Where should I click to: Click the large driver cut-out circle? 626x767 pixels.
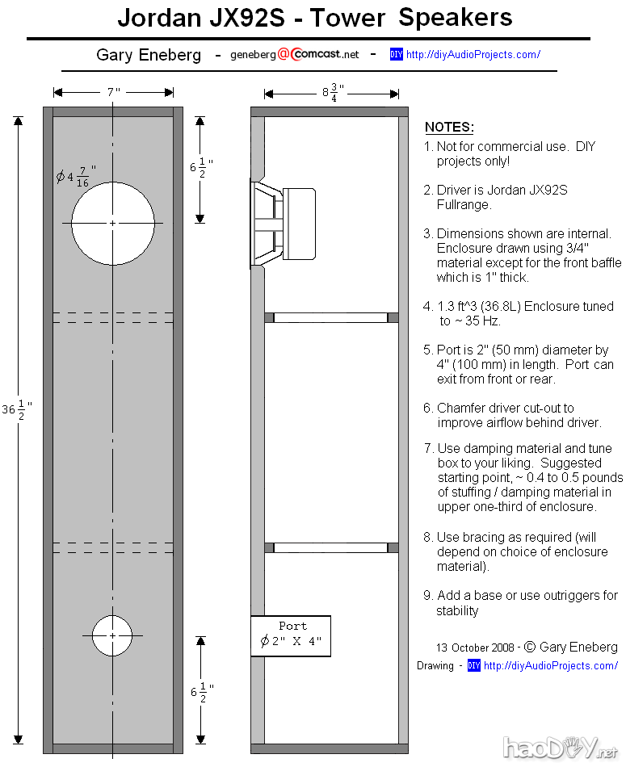click(112, 223)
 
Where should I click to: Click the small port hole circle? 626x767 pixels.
click(112, 635)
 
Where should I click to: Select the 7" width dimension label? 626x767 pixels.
click(113, 92)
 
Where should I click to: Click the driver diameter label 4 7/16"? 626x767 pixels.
click(77, 176)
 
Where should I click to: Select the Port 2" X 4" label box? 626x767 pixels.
click(291, 635)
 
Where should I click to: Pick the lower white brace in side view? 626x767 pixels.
click(331, 547)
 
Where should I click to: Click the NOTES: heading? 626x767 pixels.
click(449, 128)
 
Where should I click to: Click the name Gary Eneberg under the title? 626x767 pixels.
click(149, 56)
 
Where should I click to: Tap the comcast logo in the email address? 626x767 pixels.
click(323, 55)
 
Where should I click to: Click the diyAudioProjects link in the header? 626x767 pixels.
click(473, 55)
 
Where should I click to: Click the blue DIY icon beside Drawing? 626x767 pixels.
click(474, 666)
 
